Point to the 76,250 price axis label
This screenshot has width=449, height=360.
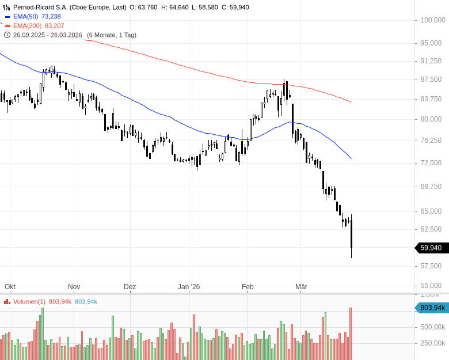[432, 140]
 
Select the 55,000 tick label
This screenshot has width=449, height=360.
[432, 285]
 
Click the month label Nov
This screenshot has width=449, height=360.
[74, 286]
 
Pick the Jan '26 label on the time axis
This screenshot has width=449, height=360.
[189, 286]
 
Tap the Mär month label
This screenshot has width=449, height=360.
[301, 286]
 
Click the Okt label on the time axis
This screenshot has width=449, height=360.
[10, 286]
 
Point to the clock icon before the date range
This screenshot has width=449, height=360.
[7, 35]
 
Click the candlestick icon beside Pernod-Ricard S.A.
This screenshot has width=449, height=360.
[7, 7]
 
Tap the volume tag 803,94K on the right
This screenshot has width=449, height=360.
[432, 308]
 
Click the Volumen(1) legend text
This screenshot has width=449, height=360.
[29, 301]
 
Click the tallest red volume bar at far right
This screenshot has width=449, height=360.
[350, 334]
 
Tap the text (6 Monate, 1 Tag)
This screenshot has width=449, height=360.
[112, 35]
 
